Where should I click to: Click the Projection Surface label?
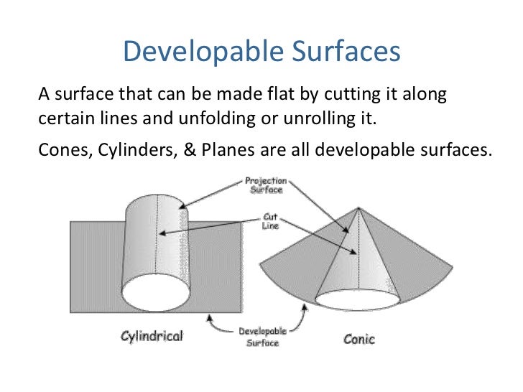pos(266,185)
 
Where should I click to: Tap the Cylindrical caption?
pos(152,336)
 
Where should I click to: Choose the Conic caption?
pos(358,338)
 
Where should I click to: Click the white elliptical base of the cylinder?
pos(157,292)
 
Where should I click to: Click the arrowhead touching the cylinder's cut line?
pos(162,233)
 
